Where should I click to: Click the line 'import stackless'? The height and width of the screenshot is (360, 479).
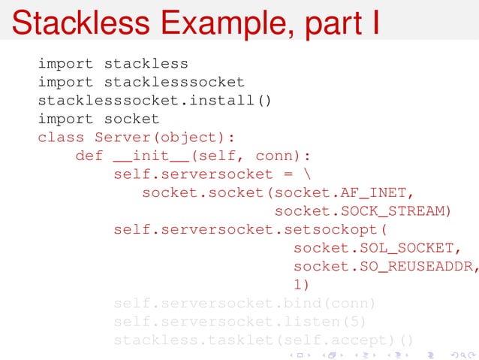[113, 63]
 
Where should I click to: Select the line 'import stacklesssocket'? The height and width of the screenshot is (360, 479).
[141, 82]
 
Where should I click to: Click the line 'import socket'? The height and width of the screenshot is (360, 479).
[98, 119]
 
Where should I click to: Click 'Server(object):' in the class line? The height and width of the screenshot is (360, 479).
[165, 138]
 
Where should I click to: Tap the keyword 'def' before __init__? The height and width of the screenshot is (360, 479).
[89, 156]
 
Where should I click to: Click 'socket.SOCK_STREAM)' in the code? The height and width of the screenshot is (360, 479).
[363, 211]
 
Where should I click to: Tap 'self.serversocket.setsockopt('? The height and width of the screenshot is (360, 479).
[255, 229]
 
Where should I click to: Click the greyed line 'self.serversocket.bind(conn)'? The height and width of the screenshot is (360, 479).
[244, 304]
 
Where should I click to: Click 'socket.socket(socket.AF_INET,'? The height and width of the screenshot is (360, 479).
[278, 193]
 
